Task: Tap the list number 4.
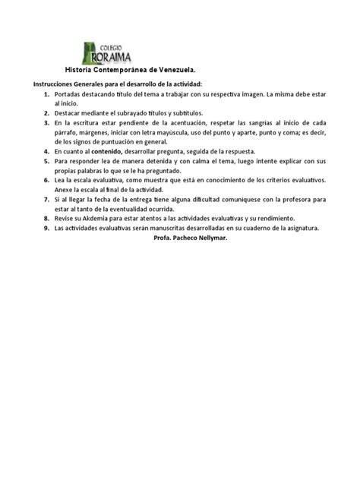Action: coord(46,151)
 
